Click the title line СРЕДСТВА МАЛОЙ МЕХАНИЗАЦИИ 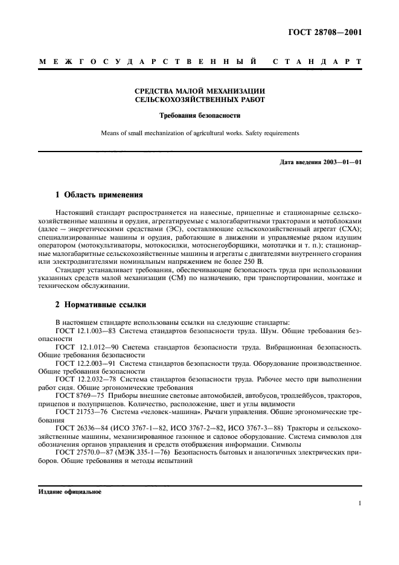[x=199, y=91]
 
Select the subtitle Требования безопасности [x=199, y=115]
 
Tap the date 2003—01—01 [x=339, y=162]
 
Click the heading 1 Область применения [x=99, y=196]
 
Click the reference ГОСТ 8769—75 [x=78, y=395]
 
